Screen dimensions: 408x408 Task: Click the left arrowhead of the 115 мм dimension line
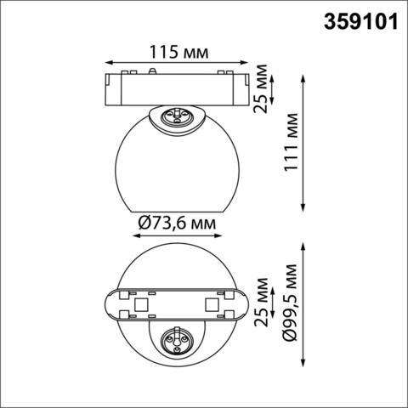coord(107,63)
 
